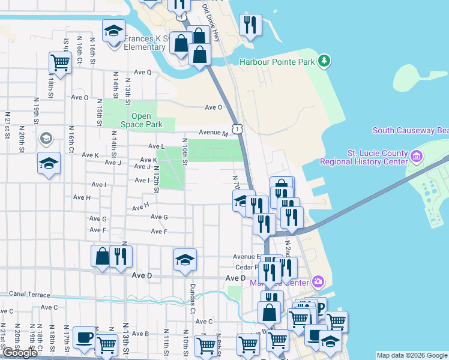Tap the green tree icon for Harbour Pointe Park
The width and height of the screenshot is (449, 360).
click(x=324, y=61)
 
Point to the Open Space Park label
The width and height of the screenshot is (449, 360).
click(x=141, y=121)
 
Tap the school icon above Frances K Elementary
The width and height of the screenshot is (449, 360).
click(x=113, y=31)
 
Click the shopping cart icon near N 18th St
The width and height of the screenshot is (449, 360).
click(x=60, y=61)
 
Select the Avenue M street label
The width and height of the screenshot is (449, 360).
click(x=214, y=133)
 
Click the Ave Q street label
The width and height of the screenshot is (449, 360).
click(x=143, y=72)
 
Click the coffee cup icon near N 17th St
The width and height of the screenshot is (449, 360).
click(x=83, y=337)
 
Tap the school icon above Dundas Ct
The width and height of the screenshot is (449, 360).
click(x=185, y=259)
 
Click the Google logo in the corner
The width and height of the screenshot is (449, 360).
click(x=20, y=353)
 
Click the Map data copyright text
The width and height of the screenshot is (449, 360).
click(x=411, y=355)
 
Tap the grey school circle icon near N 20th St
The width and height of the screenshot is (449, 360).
click(x=45, y=139)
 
